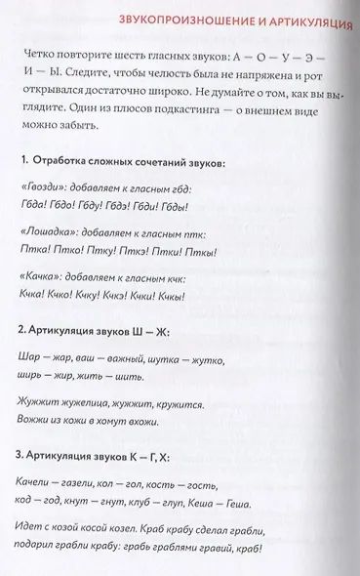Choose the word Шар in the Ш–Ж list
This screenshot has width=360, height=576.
click(30, 358)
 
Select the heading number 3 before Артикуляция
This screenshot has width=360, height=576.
click(21, 454)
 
